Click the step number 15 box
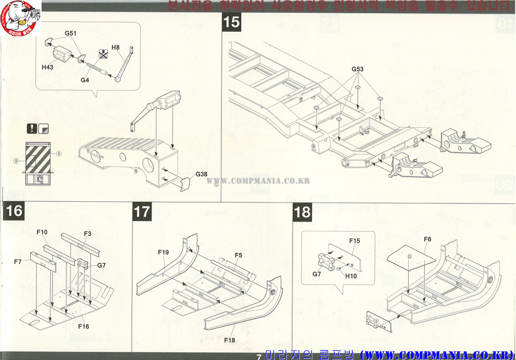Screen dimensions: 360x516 [x=232, y=22]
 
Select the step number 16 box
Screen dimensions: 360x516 [x=15, y=210]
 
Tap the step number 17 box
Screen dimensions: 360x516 [x=142, y=211]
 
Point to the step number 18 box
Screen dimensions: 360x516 [x=302, y=212]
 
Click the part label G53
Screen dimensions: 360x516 [x=358, y=69]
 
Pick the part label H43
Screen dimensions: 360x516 [x=47, y=67]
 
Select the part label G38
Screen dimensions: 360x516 [x=201, y=174]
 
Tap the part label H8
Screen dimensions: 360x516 [x=115, y=47]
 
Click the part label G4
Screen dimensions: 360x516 [x=85, y=80]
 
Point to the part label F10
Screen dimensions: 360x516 [x=42, y=232]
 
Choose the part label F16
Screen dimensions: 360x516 [x=84, y=326]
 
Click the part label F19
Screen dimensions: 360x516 [x=163, y=252]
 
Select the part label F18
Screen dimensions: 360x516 [x=230, y=340]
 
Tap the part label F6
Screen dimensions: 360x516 [x=427, y=239]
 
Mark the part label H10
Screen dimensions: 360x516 [x=351, y=275]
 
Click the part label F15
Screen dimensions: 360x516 [x=355, y=241]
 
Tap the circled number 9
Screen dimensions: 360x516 [x=16, y=161]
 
